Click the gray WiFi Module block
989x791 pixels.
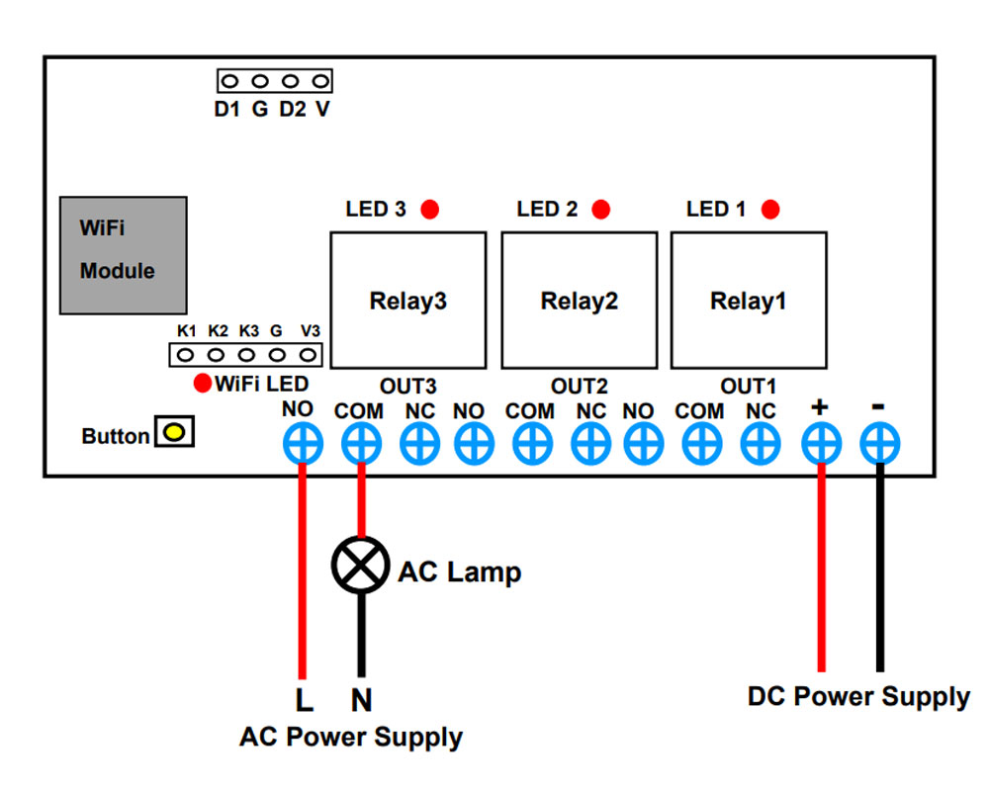123,255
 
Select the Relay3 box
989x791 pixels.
408,301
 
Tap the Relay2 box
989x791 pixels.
579,301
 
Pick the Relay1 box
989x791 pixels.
749,301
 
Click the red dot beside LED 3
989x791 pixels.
430,209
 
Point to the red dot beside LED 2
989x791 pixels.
601,209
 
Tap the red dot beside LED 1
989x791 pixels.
770,209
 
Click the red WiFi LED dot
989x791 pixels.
203,383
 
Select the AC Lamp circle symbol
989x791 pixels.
361,566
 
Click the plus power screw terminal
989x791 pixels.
821,443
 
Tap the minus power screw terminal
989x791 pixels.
880,443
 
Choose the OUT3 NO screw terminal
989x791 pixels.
303,443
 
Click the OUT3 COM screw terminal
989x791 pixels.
361,443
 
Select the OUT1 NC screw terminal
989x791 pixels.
761,443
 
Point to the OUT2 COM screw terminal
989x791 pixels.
532,443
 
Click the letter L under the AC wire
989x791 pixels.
304,699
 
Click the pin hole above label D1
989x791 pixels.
230,81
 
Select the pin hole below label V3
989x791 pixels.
308,355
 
